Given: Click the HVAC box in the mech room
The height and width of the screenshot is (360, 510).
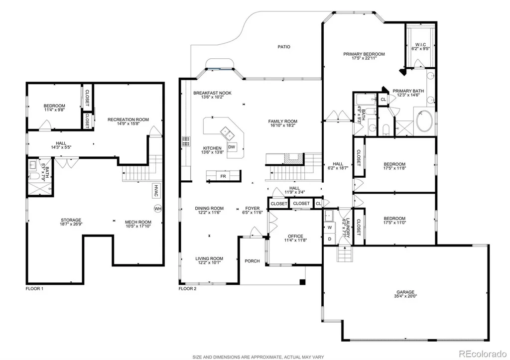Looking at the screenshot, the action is click(156, 191).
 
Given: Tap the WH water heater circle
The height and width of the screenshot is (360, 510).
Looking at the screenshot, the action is click(158, 209).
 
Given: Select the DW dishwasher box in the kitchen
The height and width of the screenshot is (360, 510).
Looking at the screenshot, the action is click(232, 147).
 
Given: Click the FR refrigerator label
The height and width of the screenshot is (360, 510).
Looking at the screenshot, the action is click(223, 176).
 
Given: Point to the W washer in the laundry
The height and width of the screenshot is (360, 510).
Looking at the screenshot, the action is click(330, 228).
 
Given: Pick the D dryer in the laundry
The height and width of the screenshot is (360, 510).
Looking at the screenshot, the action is click(330, 239).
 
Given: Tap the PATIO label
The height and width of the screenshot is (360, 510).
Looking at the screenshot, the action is click(284, 47).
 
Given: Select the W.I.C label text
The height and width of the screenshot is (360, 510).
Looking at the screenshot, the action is click(420, 44).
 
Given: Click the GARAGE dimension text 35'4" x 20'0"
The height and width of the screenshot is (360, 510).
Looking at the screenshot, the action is click(405, 296).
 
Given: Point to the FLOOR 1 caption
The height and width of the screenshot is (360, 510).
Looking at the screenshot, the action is click(34, 288).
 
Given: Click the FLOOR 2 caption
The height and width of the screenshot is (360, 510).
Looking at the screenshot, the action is click(188, 288).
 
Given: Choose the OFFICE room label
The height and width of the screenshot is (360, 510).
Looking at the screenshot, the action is click(295, 236).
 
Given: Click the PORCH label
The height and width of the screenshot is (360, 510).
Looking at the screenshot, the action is click(253, 261).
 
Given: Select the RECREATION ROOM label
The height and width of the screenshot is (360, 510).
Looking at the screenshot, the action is click(128, 120).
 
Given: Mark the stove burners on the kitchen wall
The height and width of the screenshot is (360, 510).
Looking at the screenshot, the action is click(186, 141).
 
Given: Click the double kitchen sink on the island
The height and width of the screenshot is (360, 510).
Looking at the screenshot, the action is click(227, 132).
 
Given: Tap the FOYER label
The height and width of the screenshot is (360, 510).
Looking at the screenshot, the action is click(253, 208).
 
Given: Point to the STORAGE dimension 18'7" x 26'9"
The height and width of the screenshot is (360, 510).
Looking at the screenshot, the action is click(71, 224).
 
